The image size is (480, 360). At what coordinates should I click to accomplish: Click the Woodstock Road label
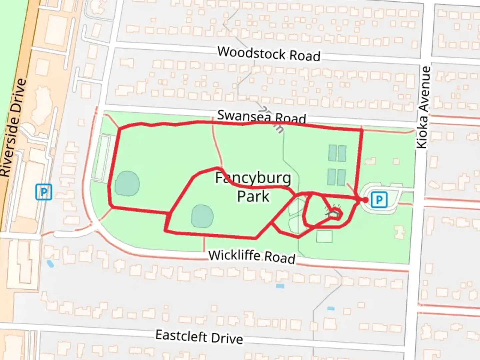pyautogui.click(x=269, y=54)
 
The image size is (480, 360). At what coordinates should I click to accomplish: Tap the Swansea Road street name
pyautogui.click(x=261, y=117)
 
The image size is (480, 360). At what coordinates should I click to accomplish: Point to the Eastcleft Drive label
pyautogui.click(x=199, y=337)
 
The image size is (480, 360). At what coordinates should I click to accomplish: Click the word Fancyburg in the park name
pyautogui.click(x=253, y=178)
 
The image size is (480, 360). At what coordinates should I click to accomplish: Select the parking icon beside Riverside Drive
pyautogui.click(x=44, y=192)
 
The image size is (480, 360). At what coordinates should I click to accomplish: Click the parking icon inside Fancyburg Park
pyautogui.click(x=379, y=200)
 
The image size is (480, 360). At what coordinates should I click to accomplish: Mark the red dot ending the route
pyautogui.click(x=365, y=200)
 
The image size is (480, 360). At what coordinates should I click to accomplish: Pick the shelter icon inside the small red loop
pyautogui.click(x=333, y=214)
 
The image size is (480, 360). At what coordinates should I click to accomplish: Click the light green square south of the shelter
pyautogui.click(x=324, y=237)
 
